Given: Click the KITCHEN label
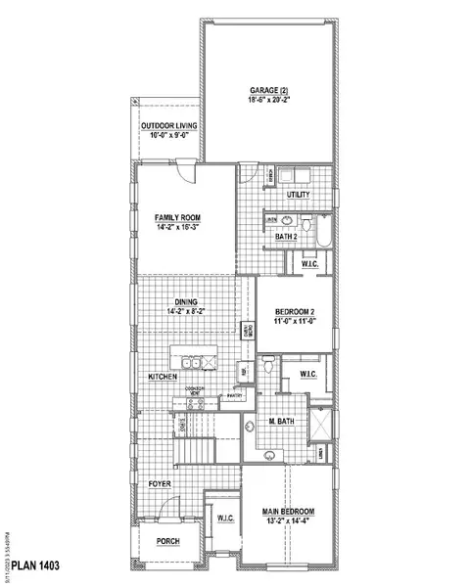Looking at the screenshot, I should click(x=163, y=376).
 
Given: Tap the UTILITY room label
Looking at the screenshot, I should click(x=299, y=195).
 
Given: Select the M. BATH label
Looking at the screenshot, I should click(x=282, y=423).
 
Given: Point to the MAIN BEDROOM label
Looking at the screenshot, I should click(x=288, y=512).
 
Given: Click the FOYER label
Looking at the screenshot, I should click(x=161, y=483).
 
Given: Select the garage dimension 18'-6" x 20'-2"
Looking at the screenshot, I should click(x=268, y=100).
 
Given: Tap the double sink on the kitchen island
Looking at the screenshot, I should click(x=203, y=364).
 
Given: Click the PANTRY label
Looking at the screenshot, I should click(x=233, y=396).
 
